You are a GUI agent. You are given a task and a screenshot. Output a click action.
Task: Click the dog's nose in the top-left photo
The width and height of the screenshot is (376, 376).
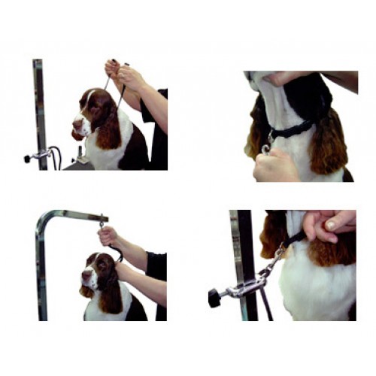tap(76, 124)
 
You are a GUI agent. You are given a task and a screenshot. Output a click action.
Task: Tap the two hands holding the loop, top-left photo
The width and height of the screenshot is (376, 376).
tap(125, 74)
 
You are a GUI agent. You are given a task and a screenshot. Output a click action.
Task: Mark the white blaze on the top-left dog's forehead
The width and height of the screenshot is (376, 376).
tap(89, 99)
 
